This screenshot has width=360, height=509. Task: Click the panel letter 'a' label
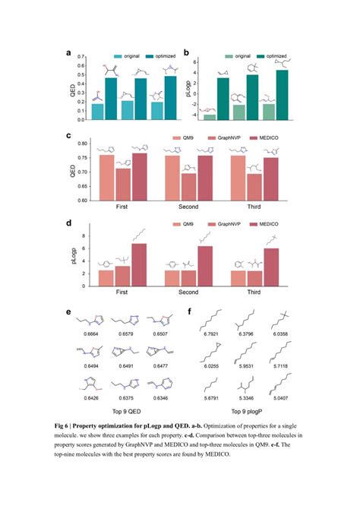(69, 54)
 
